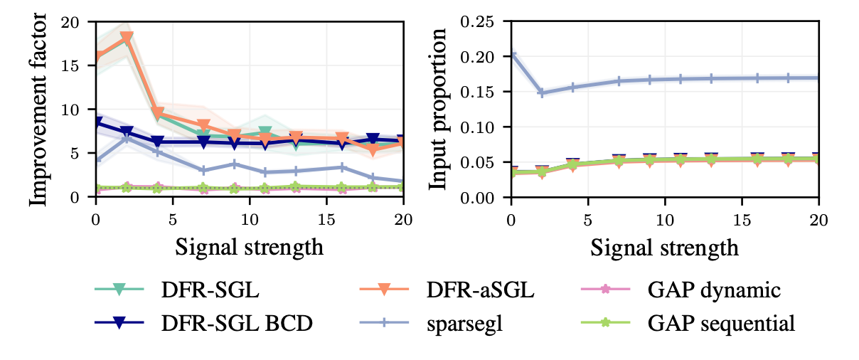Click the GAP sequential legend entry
click(721, 323)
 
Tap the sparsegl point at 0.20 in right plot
click(511, 56)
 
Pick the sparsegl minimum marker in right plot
click(542, 93)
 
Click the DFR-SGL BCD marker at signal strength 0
click(96, 122)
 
